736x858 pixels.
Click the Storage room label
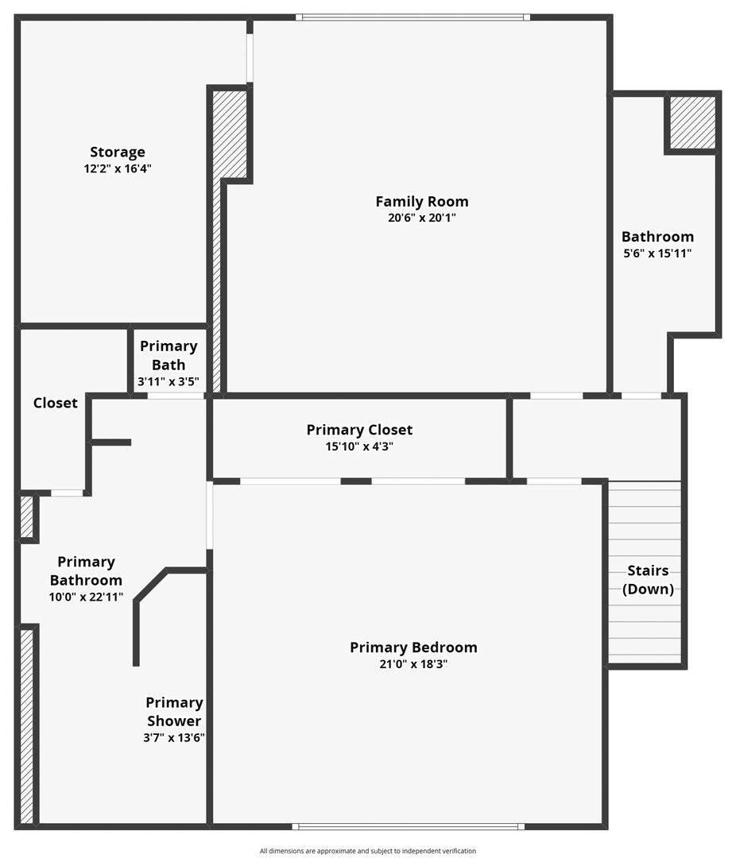[x=118, y=152]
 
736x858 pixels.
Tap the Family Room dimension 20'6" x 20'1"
[x=421, y=218]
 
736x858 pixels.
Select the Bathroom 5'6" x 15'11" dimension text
[x=657, y=253]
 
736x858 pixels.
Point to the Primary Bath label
[x=169, y=355]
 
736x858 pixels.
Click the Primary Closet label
[x=359, y=430]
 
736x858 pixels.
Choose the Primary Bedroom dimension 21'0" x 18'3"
[x=413, y=664]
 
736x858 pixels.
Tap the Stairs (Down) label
[x=648, y=580]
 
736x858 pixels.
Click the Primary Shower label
[x=174, y=712]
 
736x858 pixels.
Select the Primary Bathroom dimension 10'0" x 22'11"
[x=86, y=597]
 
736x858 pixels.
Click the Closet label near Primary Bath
[x=56, y=403]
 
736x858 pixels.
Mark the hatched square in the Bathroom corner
[x=691, y=123]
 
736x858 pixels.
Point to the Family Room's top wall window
[x=413, y=16]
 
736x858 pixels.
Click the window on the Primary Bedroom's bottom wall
[x=409, y=826]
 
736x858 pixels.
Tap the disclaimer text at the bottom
[x=368, y=851]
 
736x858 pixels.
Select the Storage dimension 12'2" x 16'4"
[x=118, y=168]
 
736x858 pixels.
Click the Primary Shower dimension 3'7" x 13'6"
[x=174, y=737]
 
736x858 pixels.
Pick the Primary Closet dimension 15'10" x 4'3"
[x=359, y=446]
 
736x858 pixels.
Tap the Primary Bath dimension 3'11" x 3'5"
[x=169, y=382]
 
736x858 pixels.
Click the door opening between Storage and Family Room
[x=250, y=58]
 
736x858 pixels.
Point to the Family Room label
[x=421, y=201]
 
